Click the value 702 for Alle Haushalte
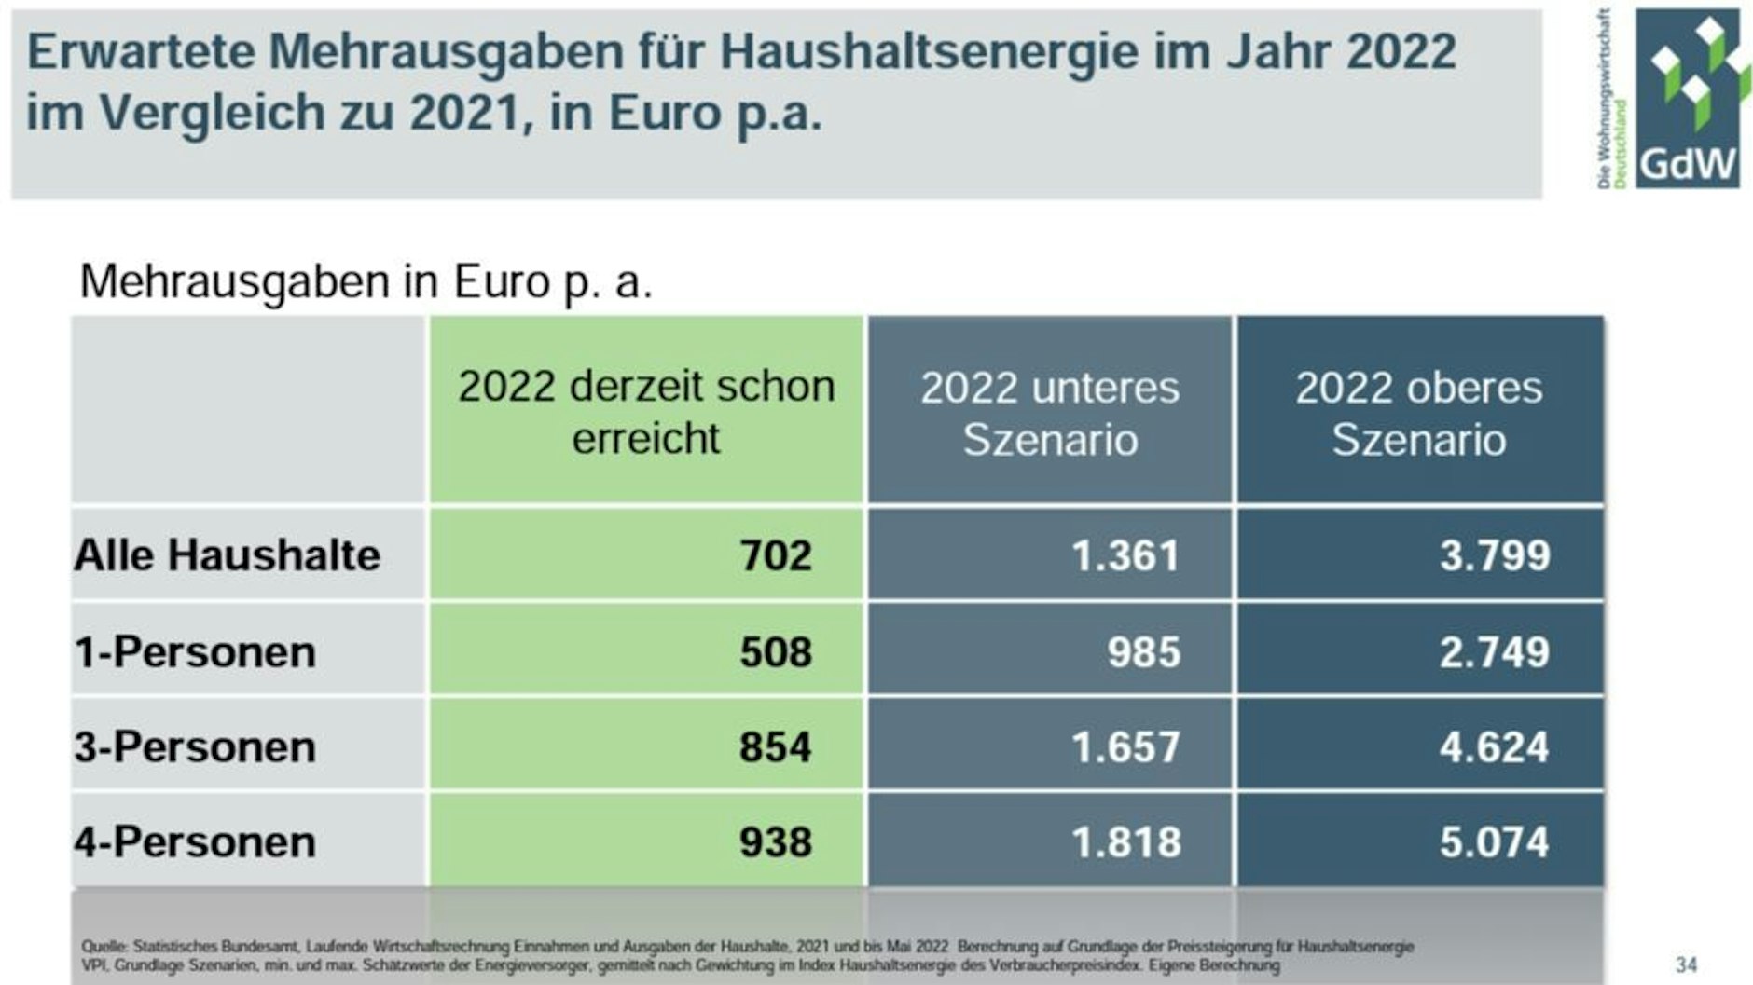(776, 555)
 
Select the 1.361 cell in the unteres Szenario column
(1125, 556)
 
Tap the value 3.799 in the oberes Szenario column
(1495, 556)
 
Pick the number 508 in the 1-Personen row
(776, 652)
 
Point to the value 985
(1144, 652)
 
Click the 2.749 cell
(1495, 652)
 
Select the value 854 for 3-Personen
(776, 747)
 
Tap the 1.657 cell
(1125, 747)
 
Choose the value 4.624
(1495, 747)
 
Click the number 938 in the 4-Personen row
(776, 842)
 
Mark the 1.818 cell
(1125, 842)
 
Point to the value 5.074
(1495, 842)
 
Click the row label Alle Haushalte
(228, 555)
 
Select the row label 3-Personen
(195, 747)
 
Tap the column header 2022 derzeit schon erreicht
(646, 412)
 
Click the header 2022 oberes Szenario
(1418, 413)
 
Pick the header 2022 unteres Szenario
(1050, 413)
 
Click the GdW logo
(1687, 98)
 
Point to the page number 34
(1686, 964)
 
